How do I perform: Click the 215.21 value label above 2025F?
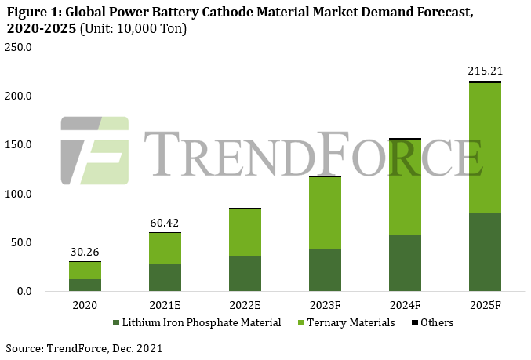484,71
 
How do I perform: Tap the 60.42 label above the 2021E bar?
164,224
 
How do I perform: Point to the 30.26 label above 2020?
84,253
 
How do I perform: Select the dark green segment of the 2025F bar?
485,252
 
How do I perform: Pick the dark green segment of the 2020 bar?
85,285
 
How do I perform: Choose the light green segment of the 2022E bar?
245,231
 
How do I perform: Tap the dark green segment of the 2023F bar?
324,270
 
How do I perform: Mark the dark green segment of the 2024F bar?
405,263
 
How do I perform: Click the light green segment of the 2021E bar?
165,249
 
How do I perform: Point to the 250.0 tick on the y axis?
19,47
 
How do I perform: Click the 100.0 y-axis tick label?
19,194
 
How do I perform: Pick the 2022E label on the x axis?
245,304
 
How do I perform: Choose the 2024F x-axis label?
405,304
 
